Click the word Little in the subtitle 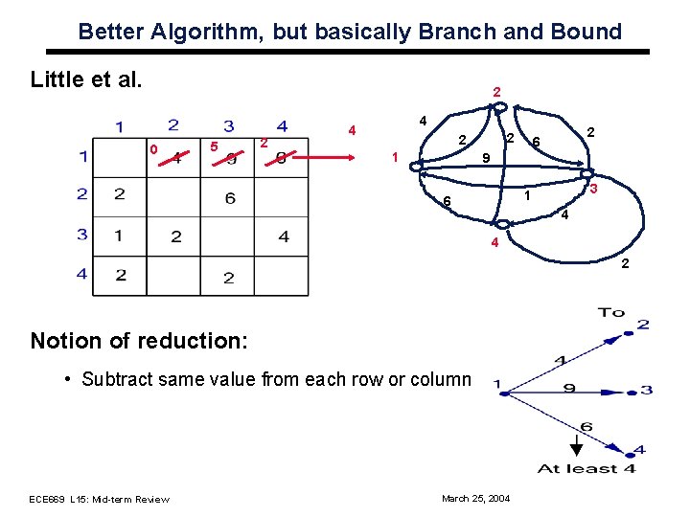[58, 78]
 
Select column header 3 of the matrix [229, 126]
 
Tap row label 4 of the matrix [84, 275]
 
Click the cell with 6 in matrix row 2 [230, 198]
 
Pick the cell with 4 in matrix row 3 [283, 236]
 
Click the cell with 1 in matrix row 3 [119, 235]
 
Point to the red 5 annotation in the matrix [214, 146]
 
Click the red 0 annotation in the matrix [153, 148]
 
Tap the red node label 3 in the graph [594, 191]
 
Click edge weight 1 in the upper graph [526, 196]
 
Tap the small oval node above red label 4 [502, 224]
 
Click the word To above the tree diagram [610, 312]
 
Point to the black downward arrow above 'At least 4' [576, 446]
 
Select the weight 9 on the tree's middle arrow [569, 388]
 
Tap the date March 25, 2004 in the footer [475, 499]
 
